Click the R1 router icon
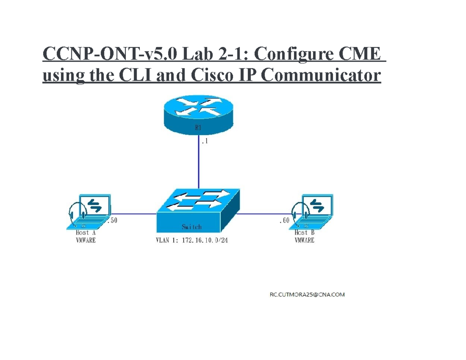198,113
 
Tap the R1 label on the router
198,128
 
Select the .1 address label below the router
205,142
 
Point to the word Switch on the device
191,227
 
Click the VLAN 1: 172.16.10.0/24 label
192,241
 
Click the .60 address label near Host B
284,221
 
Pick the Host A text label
85,233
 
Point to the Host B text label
304,233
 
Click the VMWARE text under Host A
85,240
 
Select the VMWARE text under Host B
304,240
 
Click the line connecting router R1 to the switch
198,163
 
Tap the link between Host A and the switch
134,213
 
